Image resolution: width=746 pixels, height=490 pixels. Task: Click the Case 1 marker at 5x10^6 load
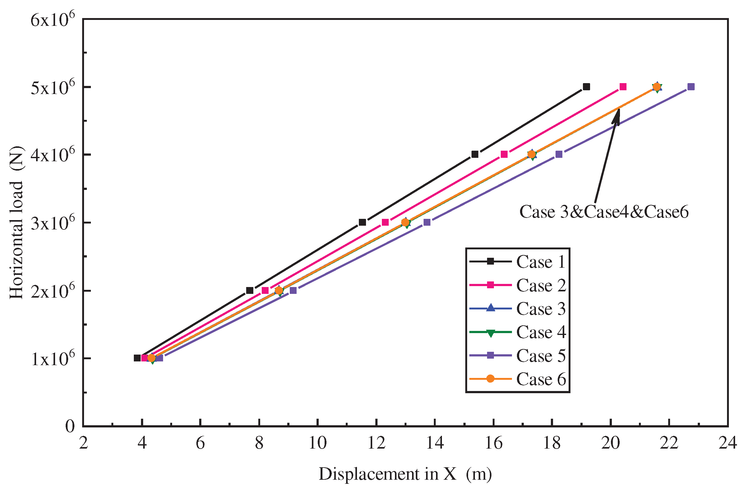(x=586, y=87)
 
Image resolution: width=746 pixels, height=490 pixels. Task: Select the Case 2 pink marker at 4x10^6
(x=504, y=154)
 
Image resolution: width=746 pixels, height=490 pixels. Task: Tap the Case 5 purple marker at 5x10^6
(x=691, y=87)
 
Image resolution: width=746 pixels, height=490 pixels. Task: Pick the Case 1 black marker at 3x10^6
(x=362, y=222)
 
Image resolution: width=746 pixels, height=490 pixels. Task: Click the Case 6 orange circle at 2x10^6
(x=279, y=291)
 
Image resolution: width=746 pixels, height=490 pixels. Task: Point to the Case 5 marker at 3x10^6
(x=427, y=222)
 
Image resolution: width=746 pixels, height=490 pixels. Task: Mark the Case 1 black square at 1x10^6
(x=137, y=358)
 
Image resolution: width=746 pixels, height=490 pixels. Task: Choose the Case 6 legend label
(x=541, y=380)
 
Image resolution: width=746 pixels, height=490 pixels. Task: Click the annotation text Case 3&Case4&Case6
(x=604, y=212)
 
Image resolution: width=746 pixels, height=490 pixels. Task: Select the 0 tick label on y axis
(x=70, y=426)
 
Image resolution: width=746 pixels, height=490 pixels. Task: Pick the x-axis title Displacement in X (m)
(x=405, y=474)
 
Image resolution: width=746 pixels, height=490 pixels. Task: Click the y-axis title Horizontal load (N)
(x=16, y=223)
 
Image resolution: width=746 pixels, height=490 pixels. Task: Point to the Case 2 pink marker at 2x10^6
(x=265, y=290)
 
